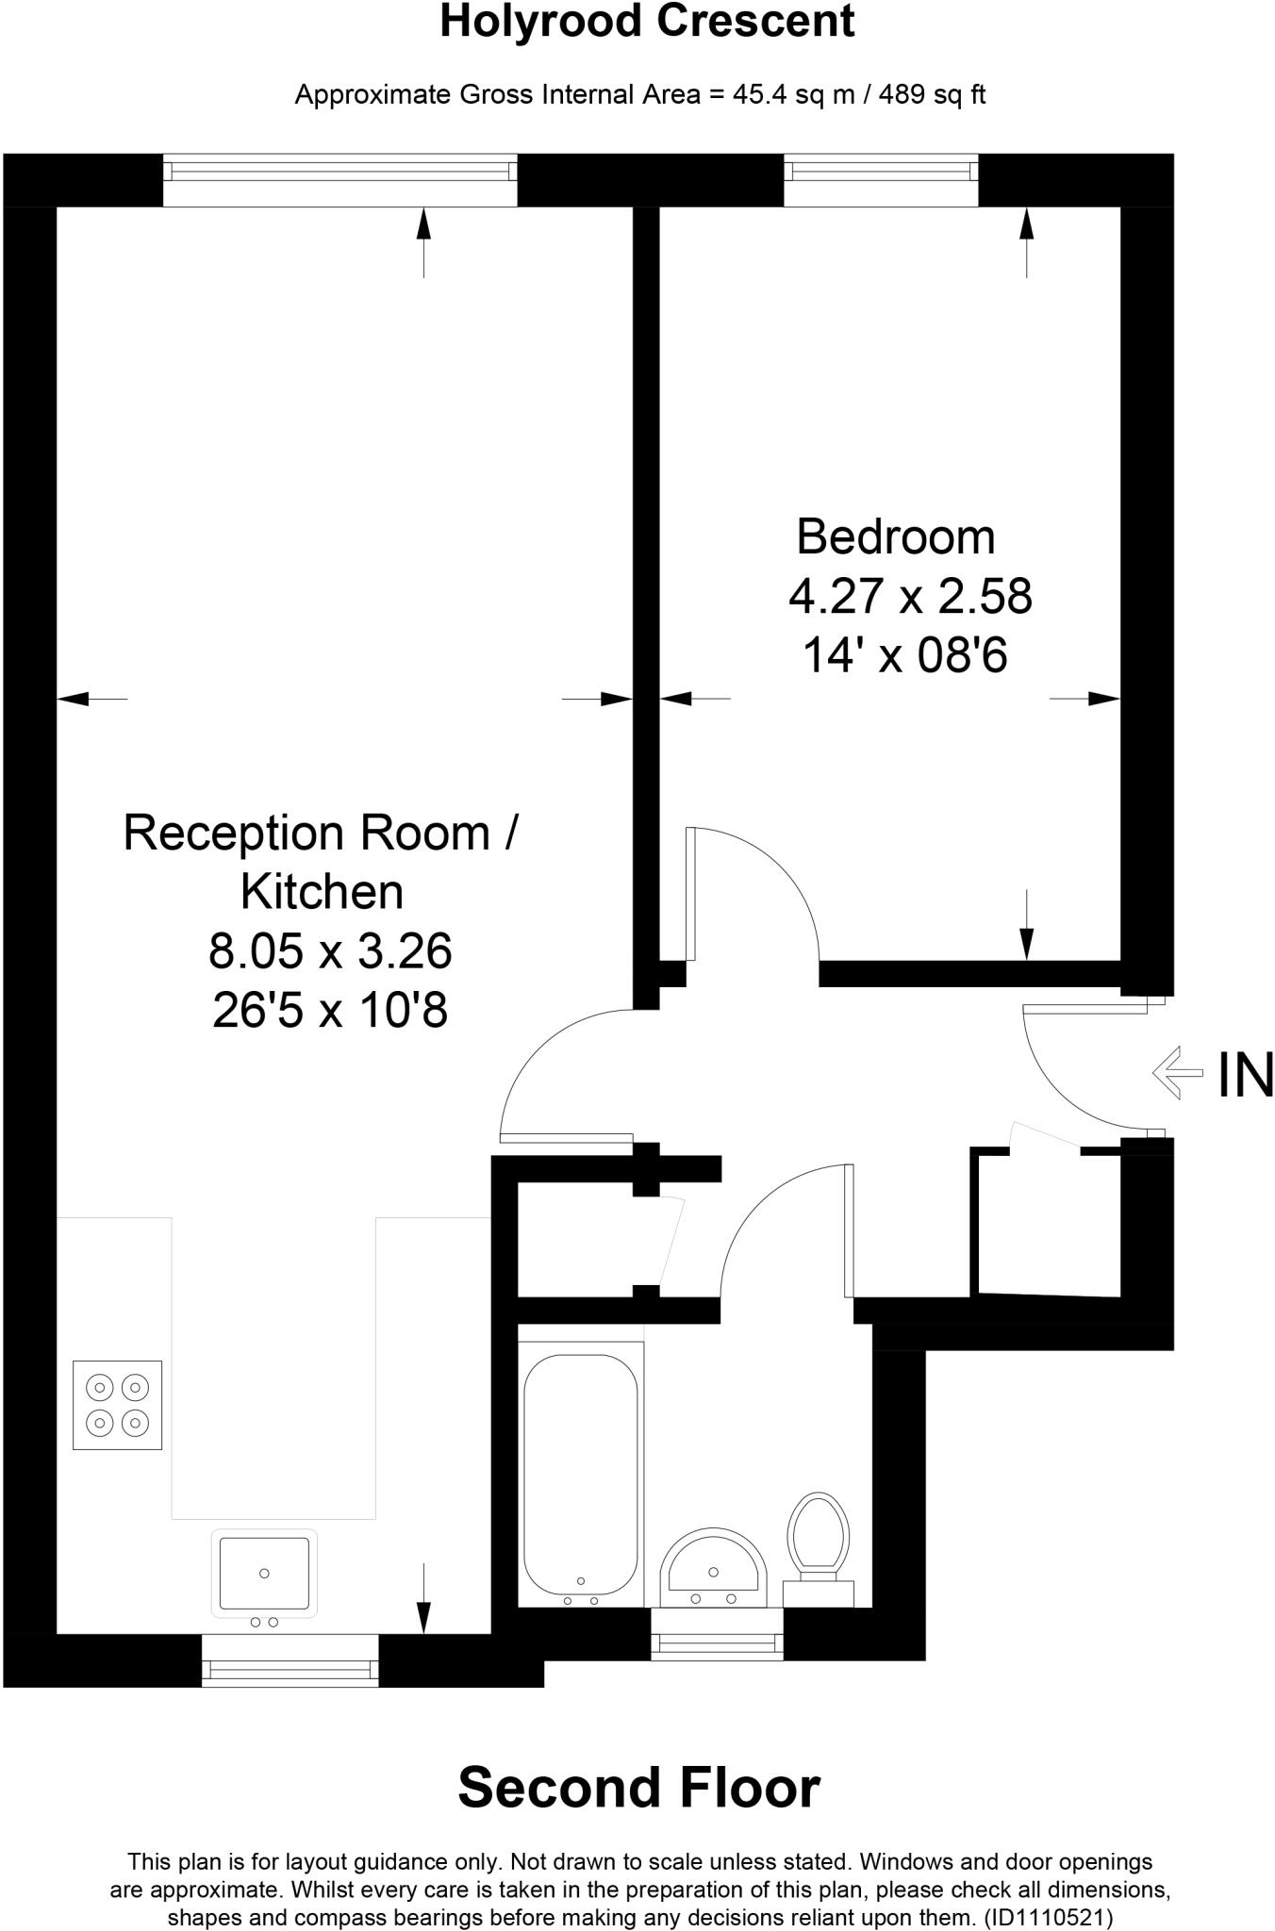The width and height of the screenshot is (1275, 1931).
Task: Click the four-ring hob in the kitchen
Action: [118, 1404]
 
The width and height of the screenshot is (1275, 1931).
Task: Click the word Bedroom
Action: [895, 536]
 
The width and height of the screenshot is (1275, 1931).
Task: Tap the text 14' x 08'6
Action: [904, 655]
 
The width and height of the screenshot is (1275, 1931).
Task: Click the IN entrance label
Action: [1245, 1074]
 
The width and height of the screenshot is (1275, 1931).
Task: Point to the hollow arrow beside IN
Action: [1178, 1073]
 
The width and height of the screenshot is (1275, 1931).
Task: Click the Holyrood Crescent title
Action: [647, 21]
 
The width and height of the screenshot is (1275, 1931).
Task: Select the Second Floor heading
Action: [638, 1787]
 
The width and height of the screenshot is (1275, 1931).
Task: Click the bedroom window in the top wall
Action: [881, 179]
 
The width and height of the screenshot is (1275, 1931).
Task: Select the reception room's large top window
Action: [340, 179]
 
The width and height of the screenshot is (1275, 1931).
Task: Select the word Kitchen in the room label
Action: [322, 892]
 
